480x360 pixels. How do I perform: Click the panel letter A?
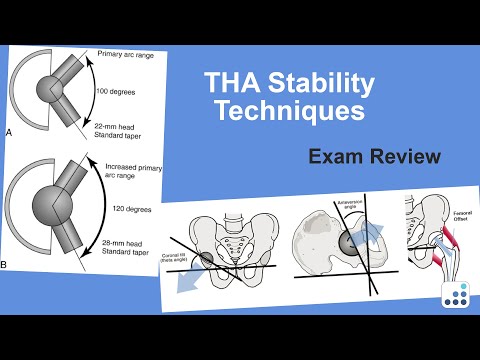point(9,131)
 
